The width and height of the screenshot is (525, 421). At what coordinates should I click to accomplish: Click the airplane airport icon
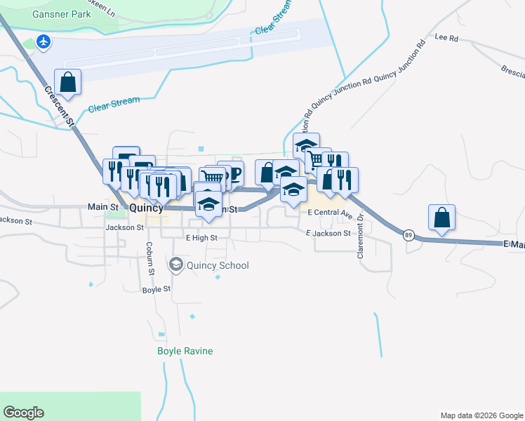tap(44, 42)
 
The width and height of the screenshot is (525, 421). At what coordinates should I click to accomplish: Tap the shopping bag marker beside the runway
tap(67, 82)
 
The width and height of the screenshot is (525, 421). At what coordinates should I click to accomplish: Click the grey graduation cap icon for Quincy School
tap(175, 265)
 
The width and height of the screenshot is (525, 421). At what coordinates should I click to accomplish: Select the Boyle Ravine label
tap(185, 351)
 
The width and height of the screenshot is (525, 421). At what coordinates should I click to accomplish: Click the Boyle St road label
tap(157, 289)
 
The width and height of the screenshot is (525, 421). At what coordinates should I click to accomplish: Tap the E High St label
tap(201, 238)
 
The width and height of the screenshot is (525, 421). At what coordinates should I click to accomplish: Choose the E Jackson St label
tap(328, 233)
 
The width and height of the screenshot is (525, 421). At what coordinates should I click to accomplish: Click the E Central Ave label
tap(328, 212)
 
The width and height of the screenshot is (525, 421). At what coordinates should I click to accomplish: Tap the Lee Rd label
tap(446, 37)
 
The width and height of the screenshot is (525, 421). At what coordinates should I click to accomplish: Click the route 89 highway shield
tap(408, 235)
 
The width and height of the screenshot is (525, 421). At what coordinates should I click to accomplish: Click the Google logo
tap(23, 413)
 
